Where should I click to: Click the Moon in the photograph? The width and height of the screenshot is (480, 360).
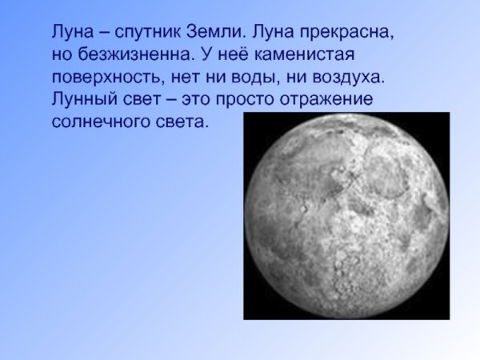tap(346, 216)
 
